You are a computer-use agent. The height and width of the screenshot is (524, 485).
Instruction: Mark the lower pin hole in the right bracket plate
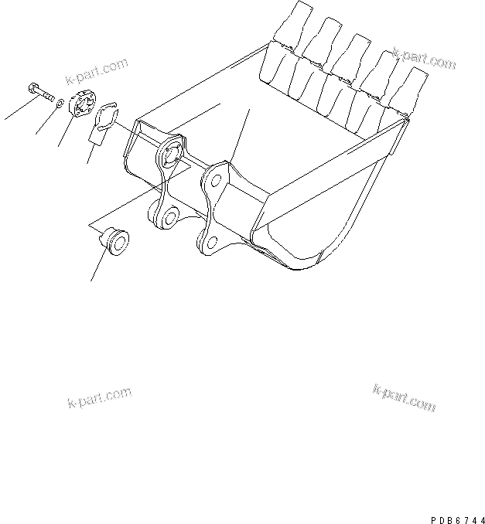(x=211, y=244)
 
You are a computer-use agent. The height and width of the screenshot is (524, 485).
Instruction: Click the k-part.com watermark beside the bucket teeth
(x=424, y=60)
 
